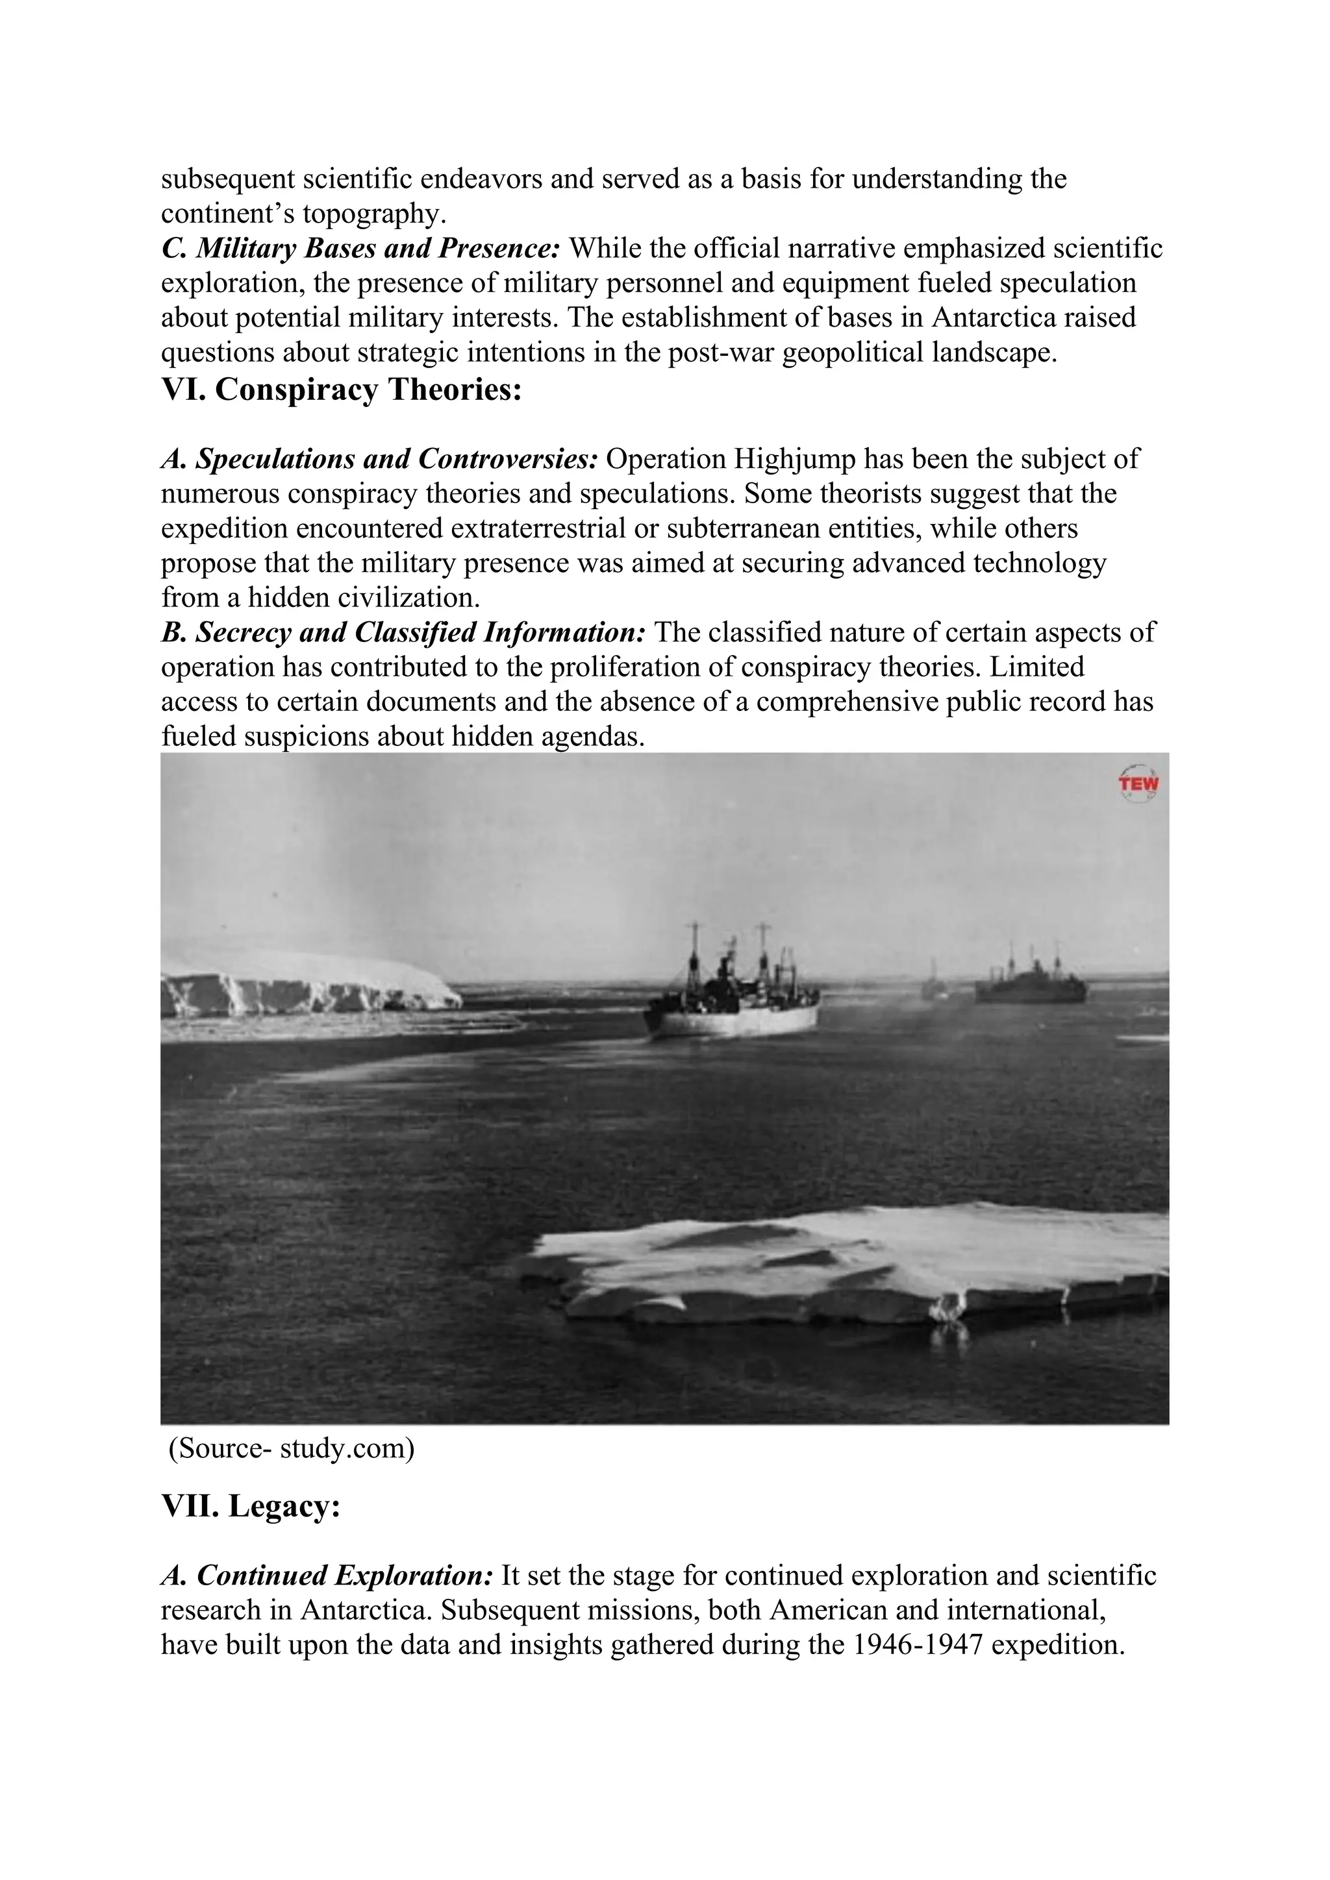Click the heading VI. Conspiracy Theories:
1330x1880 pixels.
pyautogui.click(x=342, y=390)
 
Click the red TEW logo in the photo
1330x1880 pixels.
pyautogui.click(x=1138, y=784)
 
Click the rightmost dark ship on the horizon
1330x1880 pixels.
pyautogui.click(x=1030, y=987)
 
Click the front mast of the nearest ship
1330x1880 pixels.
pyautogui.click(x=694, y=950)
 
